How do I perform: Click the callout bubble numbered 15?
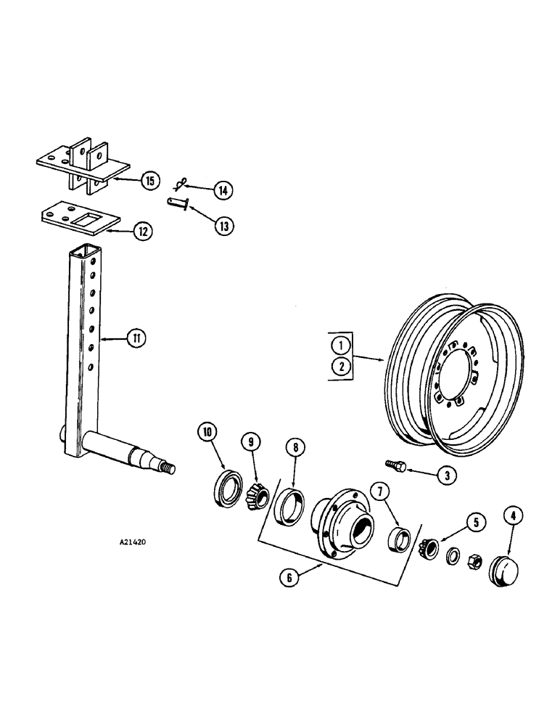(x=149, y=181)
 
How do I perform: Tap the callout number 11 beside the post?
(x=134, y=338)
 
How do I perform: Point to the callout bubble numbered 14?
(x=222, y=190)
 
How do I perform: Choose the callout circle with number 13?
(x=223, y=226)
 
